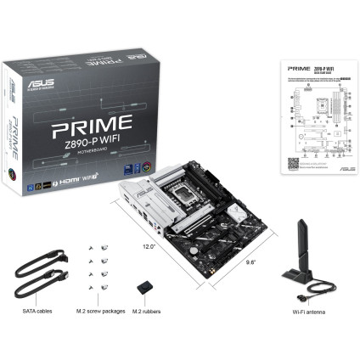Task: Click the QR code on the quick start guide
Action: coord(293,161)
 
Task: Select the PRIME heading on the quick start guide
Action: coord(297,64)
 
